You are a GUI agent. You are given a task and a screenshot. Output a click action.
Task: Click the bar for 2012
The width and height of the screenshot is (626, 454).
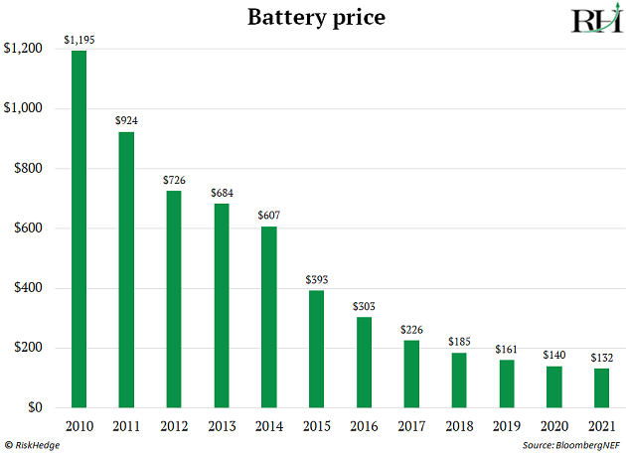(174, 299)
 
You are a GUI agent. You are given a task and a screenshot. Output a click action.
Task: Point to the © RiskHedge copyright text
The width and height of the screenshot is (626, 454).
(36, 444)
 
